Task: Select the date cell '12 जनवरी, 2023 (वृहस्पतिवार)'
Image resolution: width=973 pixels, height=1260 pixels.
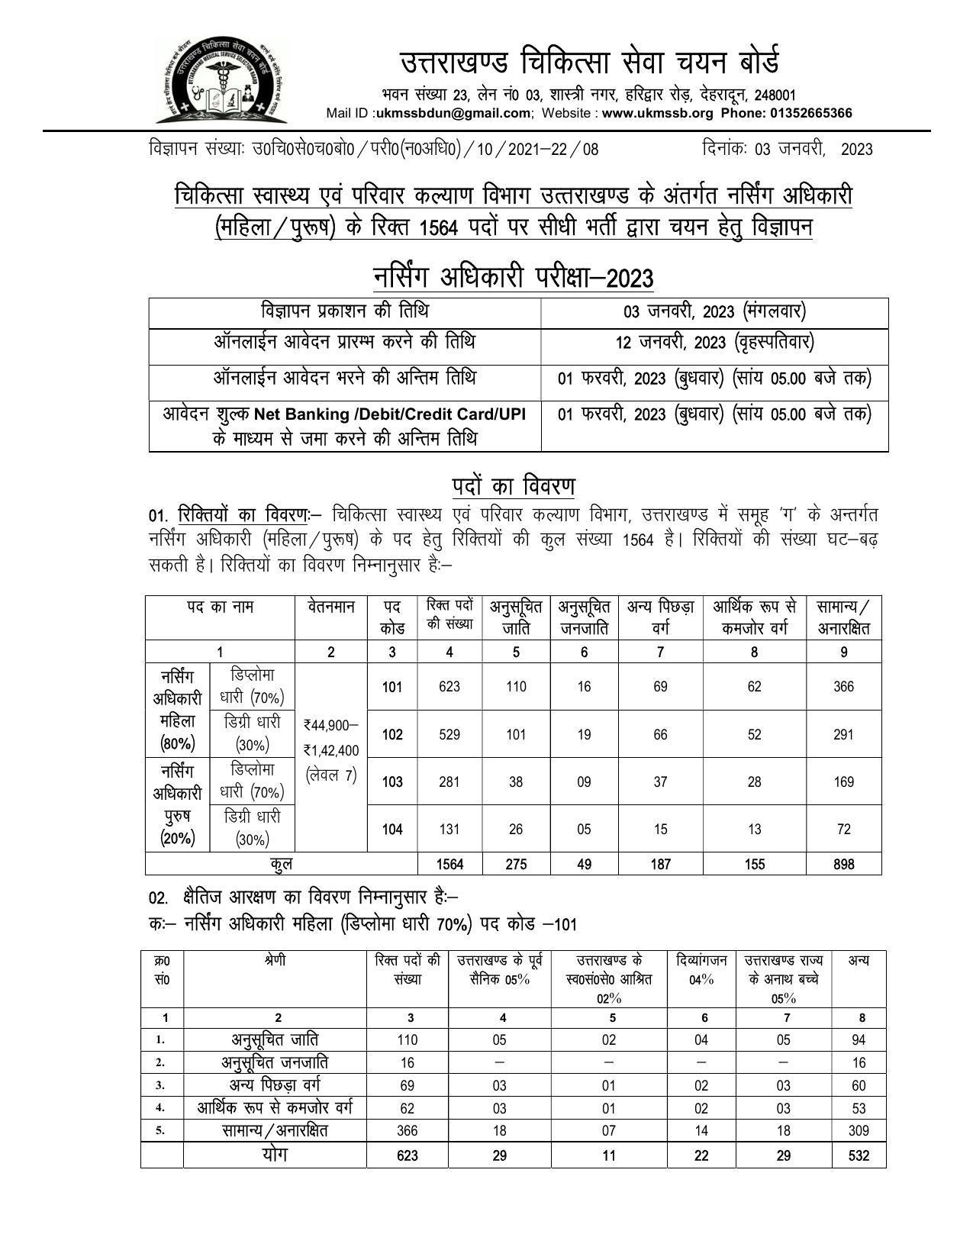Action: pos(714,343)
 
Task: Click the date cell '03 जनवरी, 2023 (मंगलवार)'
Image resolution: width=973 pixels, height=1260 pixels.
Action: pos(714,311)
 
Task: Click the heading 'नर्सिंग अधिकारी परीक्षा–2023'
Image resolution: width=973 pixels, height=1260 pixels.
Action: pos(514,278)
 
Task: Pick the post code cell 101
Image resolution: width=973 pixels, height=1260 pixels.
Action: pos(392,687)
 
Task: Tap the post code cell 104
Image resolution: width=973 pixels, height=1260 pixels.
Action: pos(392,830)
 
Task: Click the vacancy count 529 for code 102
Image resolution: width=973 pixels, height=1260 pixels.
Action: pos(449,734)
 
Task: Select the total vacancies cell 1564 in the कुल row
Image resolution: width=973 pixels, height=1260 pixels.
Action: pos(449,865)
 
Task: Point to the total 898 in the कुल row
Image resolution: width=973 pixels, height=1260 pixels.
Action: pos(843,865)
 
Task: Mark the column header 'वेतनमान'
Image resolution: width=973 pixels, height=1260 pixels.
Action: pos(330,607)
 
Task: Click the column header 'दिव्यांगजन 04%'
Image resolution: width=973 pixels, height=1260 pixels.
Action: pos(701,969)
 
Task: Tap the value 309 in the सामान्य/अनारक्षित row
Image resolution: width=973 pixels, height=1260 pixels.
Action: pos(859,1130)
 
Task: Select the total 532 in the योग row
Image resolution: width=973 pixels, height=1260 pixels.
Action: pos(859,1155)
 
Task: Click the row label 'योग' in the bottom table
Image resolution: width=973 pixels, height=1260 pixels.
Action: pos(275,1155)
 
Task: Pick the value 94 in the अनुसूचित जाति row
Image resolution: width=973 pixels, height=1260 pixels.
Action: pos(859,1039)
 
